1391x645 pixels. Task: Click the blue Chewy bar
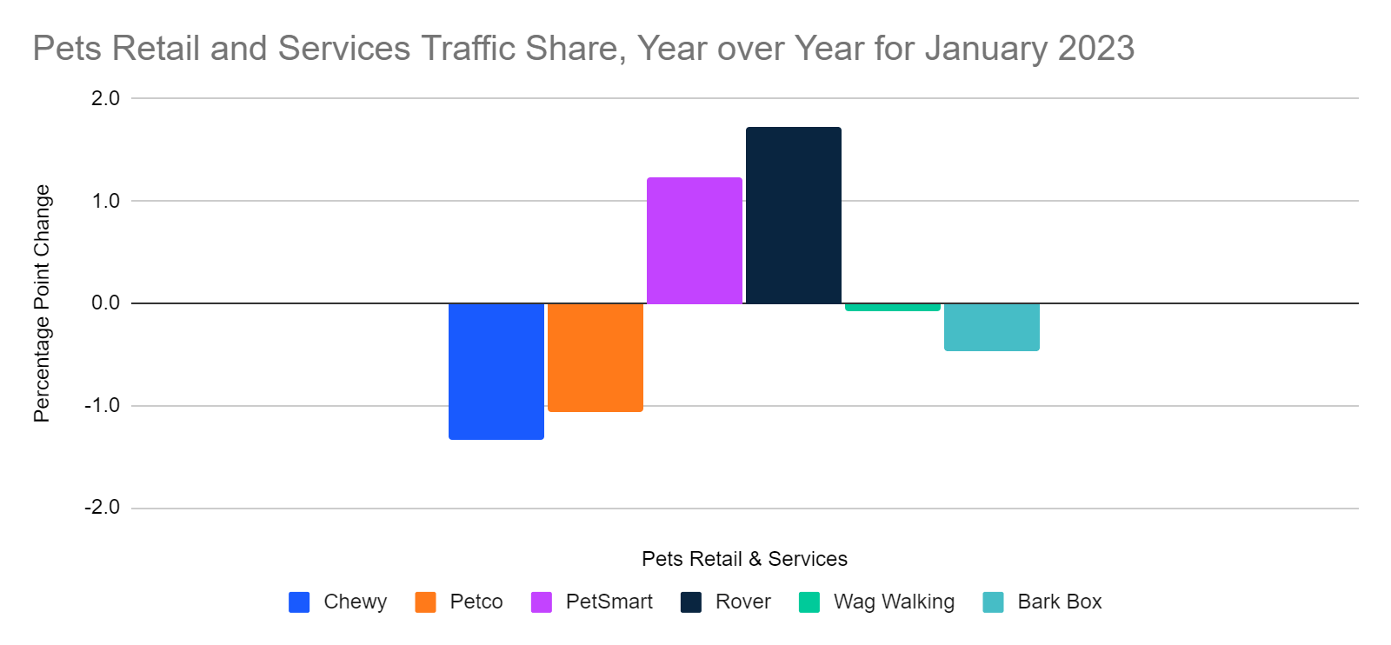pyautogui.click(x=496, y=371)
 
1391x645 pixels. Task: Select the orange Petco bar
pyautogui.click(x=595, y=357)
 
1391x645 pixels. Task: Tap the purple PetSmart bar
pyautogui.click(x=694, y=241)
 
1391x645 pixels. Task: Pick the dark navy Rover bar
pyautogui.click(x=793, y=216)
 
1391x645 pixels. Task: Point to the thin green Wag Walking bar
pyautogui.click(x=892, y=307)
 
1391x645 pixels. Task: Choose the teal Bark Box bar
pyautogui.click(x=991, y=327)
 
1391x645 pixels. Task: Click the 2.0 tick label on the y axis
pyautogui.click(x=105, y=98)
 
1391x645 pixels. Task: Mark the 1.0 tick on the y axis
pyautogui.click(x=105, y=201)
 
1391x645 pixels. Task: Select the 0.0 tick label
pyautogui.click(x=105, y=303)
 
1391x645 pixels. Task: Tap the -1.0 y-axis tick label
pyautogui.click(x=102, y=406)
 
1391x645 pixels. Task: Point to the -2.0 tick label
pyautogui.click(x=102, y=508)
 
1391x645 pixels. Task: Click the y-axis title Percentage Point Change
pyautogui.click(x=42, y=303)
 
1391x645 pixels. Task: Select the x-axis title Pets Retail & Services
pyautogui.click(x=744, y=559)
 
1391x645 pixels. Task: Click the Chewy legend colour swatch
pyautogui.click(x=299, y=602)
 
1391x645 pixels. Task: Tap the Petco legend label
pyautogui.click(x=476, y=602)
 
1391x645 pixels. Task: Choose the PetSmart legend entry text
pyautogui.click(x=609, y=602)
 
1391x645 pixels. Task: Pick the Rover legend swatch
pyautogui.click(x=691, y=602)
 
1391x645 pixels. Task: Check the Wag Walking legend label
pyautogui.click(x=893, y=602)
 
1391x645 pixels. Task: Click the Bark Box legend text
pyautogui.click(x=1059, y=602)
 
